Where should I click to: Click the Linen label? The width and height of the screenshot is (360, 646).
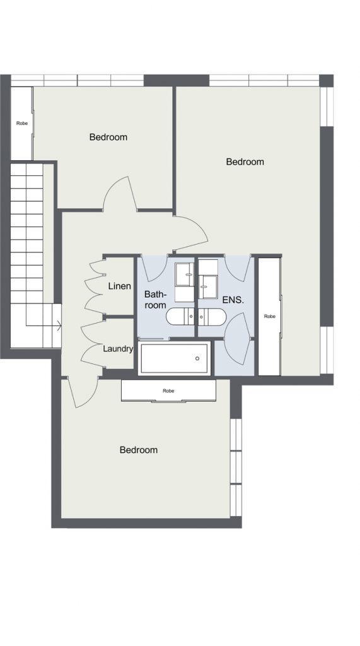(119, 286)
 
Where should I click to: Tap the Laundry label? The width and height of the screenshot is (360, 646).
(118, 349)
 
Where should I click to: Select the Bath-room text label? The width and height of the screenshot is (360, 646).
(155, 300)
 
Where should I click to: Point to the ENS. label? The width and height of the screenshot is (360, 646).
(233, 300)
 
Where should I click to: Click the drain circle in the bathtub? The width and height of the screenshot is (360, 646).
(197, 358)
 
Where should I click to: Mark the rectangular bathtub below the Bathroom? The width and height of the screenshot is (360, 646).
(174, 358)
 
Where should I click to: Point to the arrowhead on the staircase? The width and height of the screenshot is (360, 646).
(59, 326)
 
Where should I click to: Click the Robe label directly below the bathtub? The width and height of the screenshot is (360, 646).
(168, 391)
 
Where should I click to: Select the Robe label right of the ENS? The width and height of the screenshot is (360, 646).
(270, 317)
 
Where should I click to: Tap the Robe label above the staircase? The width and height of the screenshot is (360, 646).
(22, 123)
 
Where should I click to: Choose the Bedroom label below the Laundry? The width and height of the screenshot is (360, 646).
(139, 450)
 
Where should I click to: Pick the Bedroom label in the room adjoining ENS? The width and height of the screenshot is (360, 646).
(245, 162)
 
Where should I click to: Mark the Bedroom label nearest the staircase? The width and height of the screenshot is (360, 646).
(108, 137)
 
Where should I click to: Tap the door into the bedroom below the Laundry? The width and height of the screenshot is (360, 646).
(83, 394)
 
